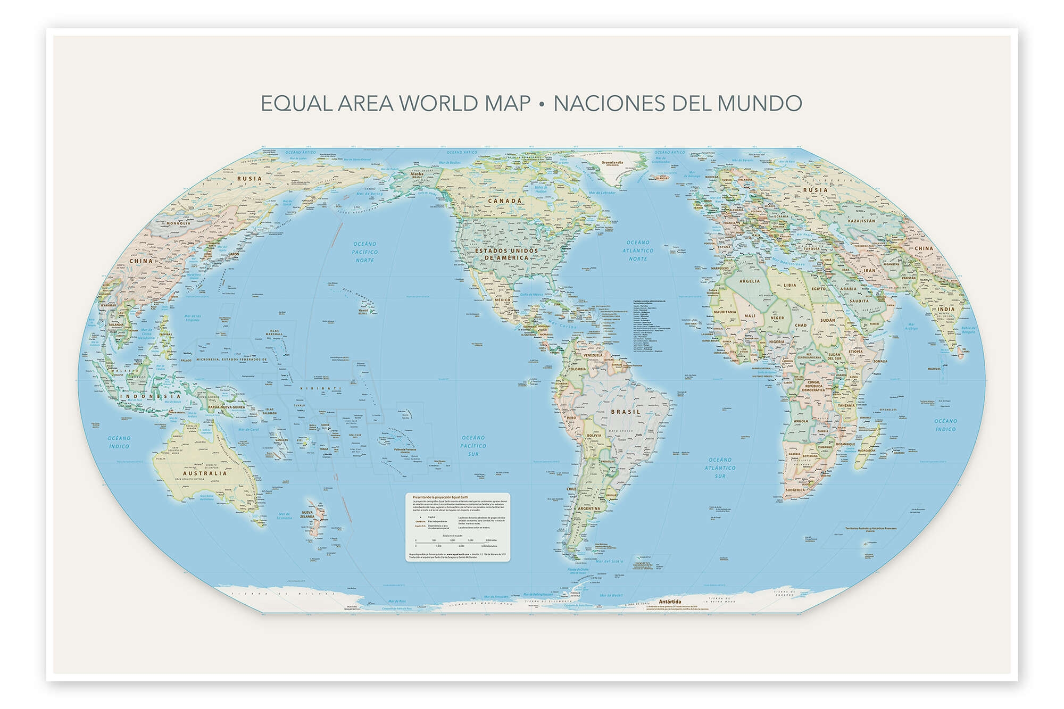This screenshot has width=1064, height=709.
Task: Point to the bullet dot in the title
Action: click(x=542, y=104)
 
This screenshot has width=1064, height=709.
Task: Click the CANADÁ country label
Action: click(x=505, y=201)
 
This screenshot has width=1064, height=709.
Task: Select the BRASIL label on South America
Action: click(x=626, y=412)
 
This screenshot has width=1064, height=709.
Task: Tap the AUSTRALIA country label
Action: click(x=205, y=473)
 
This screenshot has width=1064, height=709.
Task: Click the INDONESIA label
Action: click(x=151, y=396)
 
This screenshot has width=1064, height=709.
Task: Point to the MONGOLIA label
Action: click(x=179, y=223)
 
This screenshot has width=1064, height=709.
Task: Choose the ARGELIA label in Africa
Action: click(x=750, y=281)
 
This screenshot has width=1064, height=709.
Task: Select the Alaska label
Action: click(x=415, y=174)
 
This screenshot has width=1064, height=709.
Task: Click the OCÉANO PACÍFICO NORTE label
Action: click(x=365, y=252)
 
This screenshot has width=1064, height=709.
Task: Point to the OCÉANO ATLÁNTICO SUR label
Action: click(x=720, y=468)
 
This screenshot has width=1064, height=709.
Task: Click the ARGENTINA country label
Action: click(x=588, y=508)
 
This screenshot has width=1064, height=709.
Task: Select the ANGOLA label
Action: click(x=801, y=421)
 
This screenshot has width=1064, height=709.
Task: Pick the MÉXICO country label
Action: click(x=503, y=299)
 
